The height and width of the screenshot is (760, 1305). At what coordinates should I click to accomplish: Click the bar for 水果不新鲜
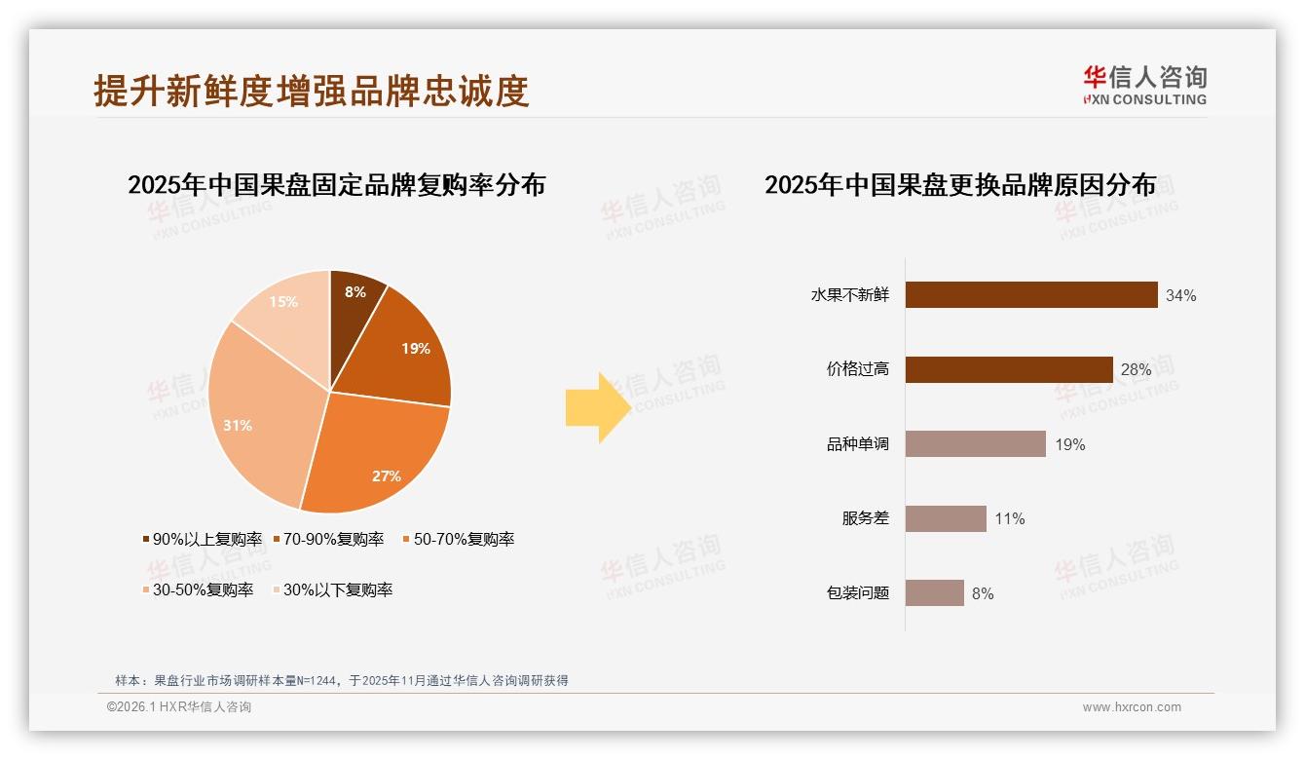[x=1030, y=295]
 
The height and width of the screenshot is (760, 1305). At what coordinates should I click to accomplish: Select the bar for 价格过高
[x=1008, y=369]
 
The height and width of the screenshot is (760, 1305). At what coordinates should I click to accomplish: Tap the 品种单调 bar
[x=975, y=444]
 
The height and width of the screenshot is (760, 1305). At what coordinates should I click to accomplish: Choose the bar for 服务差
[x=945, y=518]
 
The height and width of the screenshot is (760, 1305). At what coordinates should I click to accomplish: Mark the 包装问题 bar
[x=934, y=592]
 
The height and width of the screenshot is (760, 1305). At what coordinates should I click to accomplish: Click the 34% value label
[x=1180, y=295]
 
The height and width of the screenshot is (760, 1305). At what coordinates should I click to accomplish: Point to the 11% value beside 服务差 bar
[x=1009, y=518]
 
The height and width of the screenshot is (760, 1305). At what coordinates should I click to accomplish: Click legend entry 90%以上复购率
[x=203, y=539]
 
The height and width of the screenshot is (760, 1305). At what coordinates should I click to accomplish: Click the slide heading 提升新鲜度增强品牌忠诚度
[x=311, y=91]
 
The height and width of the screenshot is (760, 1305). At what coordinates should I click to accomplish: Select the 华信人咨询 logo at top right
[x=1143, y=85]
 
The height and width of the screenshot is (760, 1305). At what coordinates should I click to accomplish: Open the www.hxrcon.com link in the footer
[x=1131, y=707]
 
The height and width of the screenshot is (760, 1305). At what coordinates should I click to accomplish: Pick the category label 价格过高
[x=857, y=369]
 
